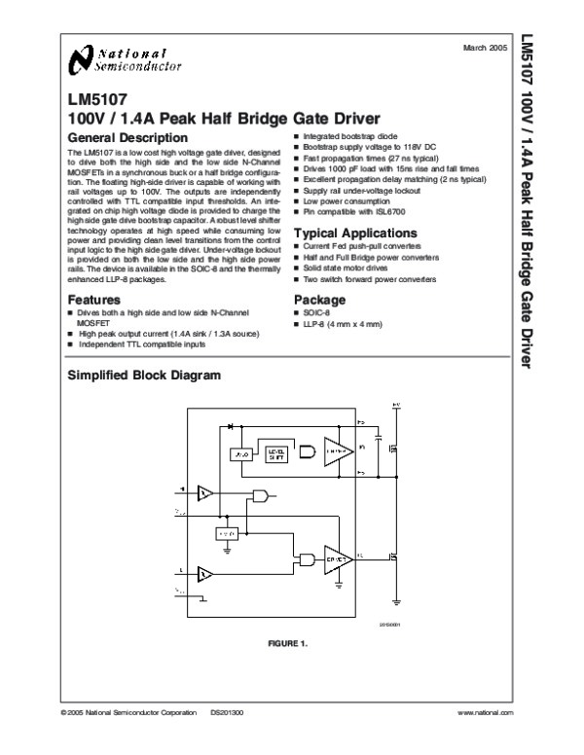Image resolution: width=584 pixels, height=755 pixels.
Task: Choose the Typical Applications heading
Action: click(355, 234)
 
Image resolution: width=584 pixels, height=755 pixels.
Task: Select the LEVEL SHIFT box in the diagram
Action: click(277, 453)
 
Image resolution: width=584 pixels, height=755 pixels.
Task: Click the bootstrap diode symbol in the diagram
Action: click(231, 426)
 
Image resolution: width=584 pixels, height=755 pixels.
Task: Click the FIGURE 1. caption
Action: click(287, 645)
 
